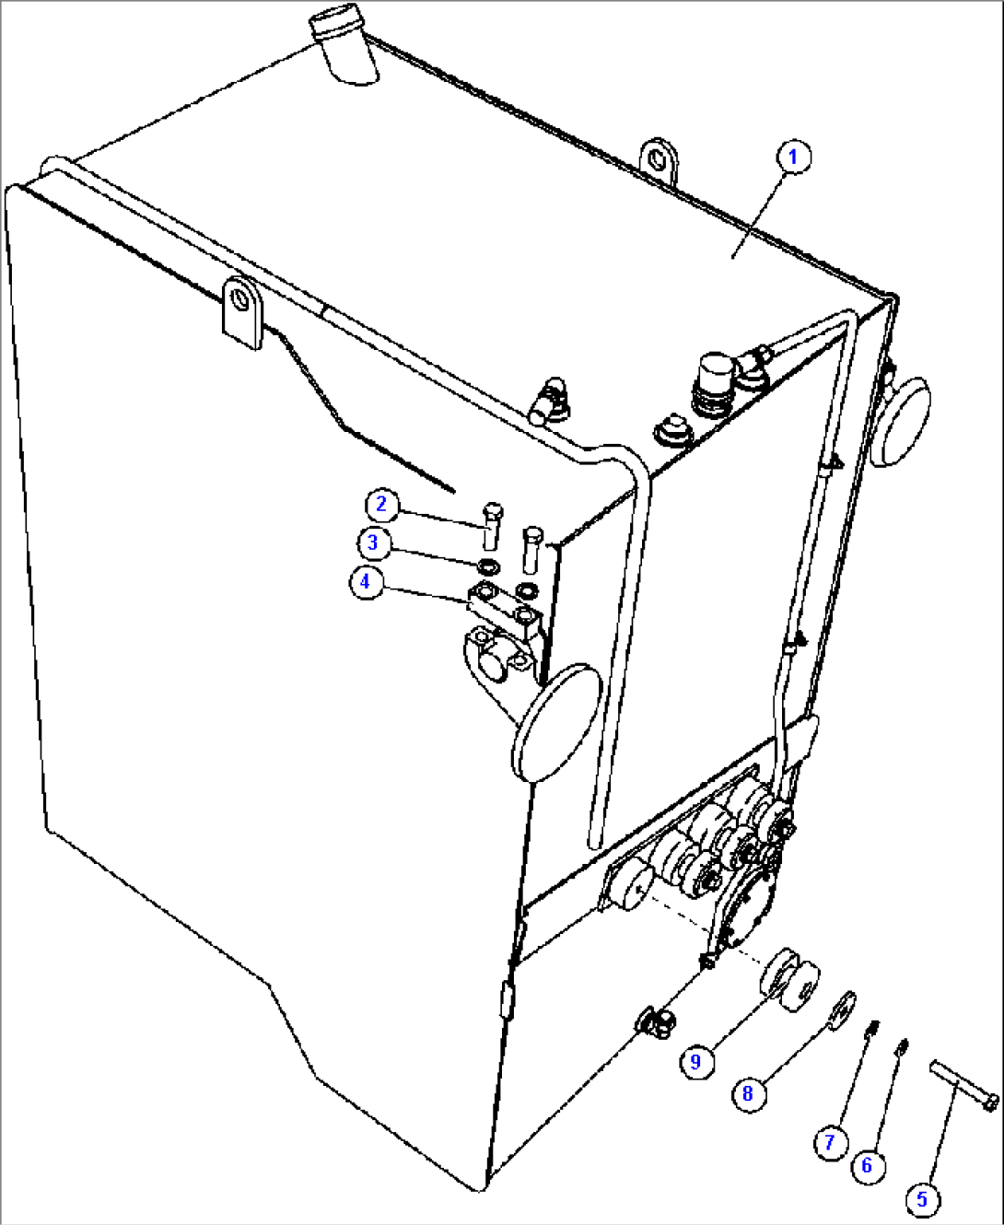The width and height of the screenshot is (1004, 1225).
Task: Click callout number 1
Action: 794,157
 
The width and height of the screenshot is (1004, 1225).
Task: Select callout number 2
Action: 381,504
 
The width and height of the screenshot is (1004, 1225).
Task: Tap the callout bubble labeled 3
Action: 372,542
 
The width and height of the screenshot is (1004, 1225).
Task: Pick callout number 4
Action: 365,582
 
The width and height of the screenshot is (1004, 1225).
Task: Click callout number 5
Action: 922,1199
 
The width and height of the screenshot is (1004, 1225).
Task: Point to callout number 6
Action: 867,1165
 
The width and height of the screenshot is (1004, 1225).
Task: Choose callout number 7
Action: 829,1142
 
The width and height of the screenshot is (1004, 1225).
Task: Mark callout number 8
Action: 748,1093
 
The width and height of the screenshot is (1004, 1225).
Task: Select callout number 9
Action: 695,1061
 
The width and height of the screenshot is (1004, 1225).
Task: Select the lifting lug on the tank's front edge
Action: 242,311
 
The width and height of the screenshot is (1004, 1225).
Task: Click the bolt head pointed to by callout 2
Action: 493,511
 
